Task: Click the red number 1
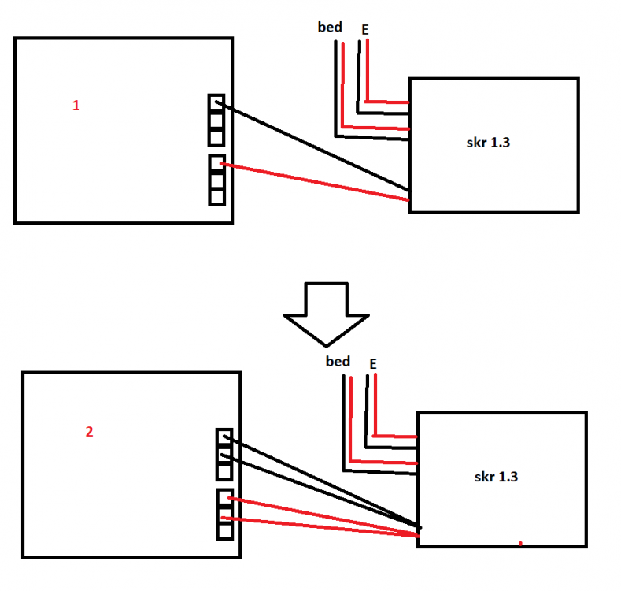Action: tap(76, 106)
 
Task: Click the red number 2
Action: tap(90, 432)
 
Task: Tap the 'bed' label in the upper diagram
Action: tap(330, 27)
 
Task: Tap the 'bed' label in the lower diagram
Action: tap(338, 362)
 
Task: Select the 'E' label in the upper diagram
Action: tap(365, 30)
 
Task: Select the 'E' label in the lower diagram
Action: tap(373, 364)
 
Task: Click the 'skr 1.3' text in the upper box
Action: tap(488, 143)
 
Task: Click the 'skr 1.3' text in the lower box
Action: tap(496, 477)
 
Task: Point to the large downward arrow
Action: tap(327, 314)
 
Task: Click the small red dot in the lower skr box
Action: tap(520, 544)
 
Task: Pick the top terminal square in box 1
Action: tap(216, 104)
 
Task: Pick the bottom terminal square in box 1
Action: tap(216, 197)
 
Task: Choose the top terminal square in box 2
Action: tap(224, 438)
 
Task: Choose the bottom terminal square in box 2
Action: tap(224, 531)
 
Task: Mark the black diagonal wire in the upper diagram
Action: tap(313, 147)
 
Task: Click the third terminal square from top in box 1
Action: tap(216, 138)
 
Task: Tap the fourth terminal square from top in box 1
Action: tap(216, 163)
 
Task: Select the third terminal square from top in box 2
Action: tap(224, 472)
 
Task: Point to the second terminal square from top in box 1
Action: tap(216, 121)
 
